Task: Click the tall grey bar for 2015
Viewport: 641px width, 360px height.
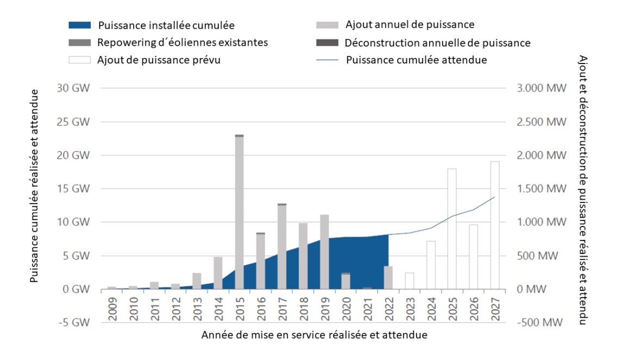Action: [239, 212]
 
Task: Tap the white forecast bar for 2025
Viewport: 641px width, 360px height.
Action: [451, 229]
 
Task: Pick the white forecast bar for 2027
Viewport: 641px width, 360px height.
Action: [494, 225]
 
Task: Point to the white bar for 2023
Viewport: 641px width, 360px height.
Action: [409, 281]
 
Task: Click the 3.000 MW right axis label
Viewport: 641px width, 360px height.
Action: [536, 89]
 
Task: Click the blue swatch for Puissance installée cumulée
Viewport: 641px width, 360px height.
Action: [81, 25]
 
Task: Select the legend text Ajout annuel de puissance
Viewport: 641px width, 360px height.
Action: [410, 24]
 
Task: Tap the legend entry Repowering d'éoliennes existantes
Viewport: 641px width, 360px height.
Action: [183, 42]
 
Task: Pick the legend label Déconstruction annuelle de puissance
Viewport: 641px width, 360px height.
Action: [437, 42]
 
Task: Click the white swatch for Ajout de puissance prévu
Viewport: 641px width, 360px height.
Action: [81, 60]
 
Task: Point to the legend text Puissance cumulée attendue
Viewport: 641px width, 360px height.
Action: [416, 60]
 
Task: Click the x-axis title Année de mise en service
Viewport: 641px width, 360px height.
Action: [314, 335]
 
